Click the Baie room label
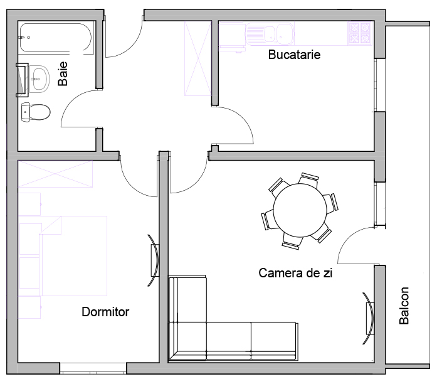coord(63,73)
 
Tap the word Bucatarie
coord(294,55)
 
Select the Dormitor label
coord(105,312)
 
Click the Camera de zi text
coord(295,273)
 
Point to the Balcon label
coord(404,306)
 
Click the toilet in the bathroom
coord(36,112)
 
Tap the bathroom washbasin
coord(39,79)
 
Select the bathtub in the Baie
coord(56,38)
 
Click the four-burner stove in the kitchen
coord(360,33)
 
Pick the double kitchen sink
coord(270,34)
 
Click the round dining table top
coord(300,210)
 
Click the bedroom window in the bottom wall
coord(93,368)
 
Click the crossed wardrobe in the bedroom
coord(55,174)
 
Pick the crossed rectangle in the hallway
coord(197,58)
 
